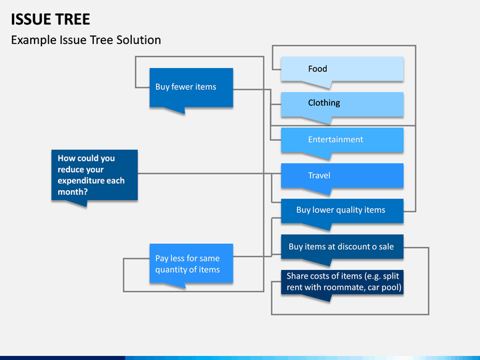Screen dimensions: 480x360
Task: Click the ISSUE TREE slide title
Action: [x=51, y=19]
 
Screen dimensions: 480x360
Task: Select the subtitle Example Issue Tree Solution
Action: [x=86, y=40]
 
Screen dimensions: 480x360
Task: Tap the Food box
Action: [x=342, y=69]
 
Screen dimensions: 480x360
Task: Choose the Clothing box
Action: [x=342, y=105]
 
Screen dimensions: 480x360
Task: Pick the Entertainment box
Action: [x=342, y=140]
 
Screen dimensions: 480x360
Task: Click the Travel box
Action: [x=342, y=176]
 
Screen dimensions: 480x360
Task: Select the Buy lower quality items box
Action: [x=342, y=211]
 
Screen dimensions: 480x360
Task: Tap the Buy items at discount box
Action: [x=342, y=247]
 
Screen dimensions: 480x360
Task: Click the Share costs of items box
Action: [x=342, y=282]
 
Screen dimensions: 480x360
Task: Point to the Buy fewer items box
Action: [x=191, y=88]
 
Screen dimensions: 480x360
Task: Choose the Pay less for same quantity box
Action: [x=191, y=263]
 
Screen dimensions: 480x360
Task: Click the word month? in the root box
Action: [x=73, y=192]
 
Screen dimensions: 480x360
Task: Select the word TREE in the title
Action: [x=73, y=19]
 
